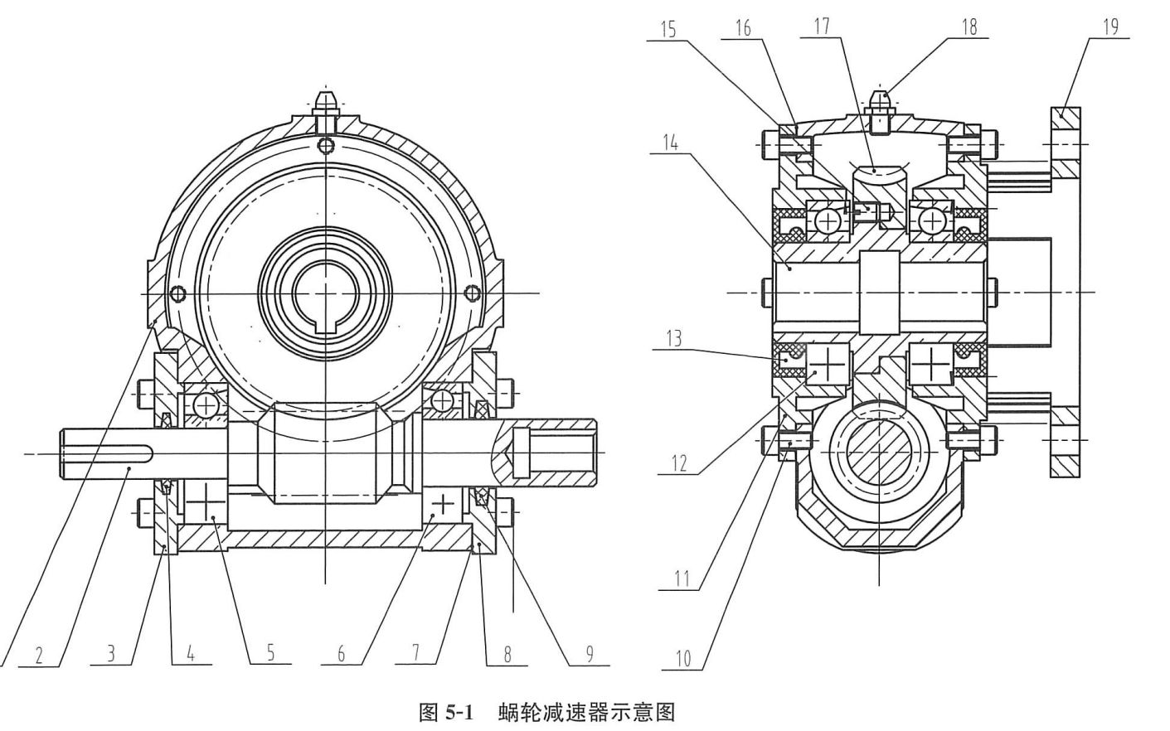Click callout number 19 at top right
pos(1109,27)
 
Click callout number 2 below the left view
pos(38,655)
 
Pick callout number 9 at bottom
pos(590,655)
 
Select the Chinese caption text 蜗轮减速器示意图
pos(587,712)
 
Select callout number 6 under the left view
pos(341,655)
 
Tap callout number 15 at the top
pos(668,28)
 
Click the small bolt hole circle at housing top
pos(328,146)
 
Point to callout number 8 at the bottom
pos(507,655)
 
